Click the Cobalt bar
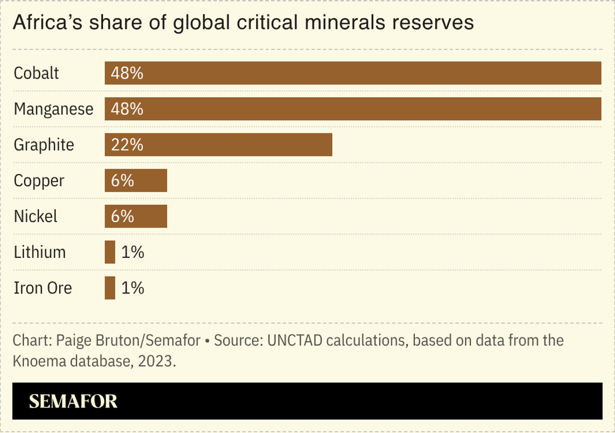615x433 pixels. [352, 73]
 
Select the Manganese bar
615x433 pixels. [352, 109]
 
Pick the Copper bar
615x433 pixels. [136, 180]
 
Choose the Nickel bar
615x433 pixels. [136, 216]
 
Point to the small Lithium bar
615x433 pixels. [110, 252]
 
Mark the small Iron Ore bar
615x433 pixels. [110, 288]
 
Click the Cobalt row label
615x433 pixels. [36, 73]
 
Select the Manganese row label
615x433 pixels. [53, 109]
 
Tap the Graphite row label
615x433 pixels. [44, 145]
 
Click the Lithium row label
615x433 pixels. [40, 252]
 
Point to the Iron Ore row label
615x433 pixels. [43, 288]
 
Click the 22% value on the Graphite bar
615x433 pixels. [127, 145]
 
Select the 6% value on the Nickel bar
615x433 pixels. [122, 216]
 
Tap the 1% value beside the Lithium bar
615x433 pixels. [133, 252]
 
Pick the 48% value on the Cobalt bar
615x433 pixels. [127, 73]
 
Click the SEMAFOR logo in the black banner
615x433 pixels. [73, 401]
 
